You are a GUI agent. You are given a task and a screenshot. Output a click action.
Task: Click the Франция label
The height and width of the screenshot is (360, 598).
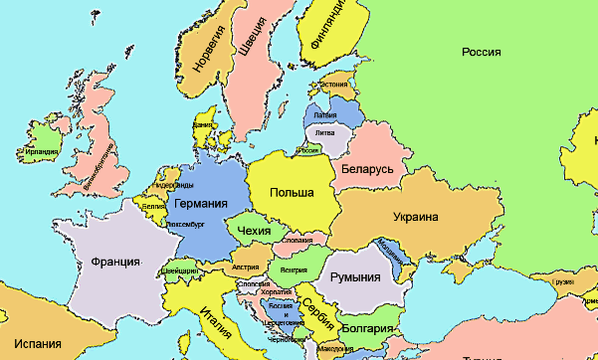(114, 263)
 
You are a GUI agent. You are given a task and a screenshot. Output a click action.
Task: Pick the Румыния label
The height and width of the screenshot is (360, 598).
(355, 275)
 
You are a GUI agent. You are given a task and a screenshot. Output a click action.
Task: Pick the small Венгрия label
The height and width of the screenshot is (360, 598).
(294, 270)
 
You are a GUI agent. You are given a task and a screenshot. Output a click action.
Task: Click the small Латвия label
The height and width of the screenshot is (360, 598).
(325, 116)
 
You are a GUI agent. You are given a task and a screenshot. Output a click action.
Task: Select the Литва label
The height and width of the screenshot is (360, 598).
(324, 132)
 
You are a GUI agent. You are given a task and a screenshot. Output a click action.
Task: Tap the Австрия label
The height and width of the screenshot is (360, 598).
(245, 268)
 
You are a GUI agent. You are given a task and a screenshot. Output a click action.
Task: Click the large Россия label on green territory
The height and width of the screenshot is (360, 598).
(481, 52)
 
